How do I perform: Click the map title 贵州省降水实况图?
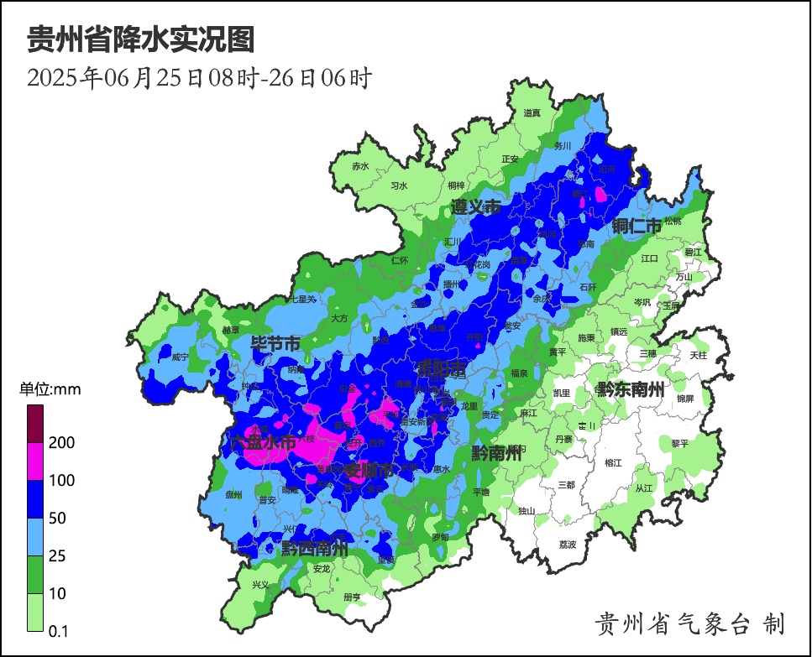(140, 39)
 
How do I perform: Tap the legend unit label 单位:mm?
(50, 389)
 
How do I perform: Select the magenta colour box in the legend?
(35, 461)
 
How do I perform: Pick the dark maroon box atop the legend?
(35, 424)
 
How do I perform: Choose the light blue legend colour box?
(35, 536)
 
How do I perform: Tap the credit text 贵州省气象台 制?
(689, 623)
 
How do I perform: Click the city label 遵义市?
(475, 207)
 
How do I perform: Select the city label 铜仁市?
(637, 226)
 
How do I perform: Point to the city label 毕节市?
(275, 344)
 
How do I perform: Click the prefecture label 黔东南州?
(630, 388)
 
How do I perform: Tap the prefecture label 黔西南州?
(314, 549)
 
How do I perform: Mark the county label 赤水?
(360, 166)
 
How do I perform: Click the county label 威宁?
(180, 357)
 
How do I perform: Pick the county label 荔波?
(568, 545)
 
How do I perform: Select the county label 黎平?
(679, 444)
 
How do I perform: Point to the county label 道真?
(532, 112)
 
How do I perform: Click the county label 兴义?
(261, 585)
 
